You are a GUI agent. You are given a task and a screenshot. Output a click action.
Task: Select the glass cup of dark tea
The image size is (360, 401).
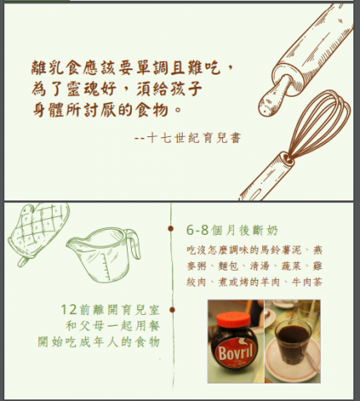[x=294, y=343]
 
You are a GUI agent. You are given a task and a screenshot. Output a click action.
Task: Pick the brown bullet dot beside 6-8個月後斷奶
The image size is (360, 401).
[x=171, y=227]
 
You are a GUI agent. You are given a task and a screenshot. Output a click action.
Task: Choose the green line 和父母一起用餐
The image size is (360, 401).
[x=112, y=325]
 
